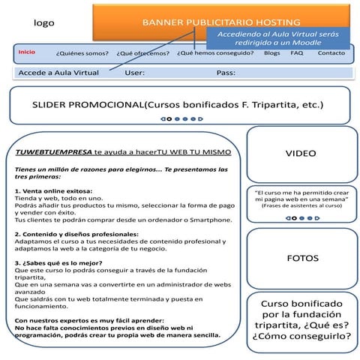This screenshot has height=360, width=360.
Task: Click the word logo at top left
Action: [44, 23]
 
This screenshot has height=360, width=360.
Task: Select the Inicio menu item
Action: [26, 52]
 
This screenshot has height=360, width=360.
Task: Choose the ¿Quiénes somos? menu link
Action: [82, 54]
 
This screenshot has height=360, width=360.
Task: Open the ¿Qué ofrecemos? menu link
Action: [142, 54]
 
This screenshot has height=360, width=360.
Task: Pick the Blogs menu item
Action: [272, 53]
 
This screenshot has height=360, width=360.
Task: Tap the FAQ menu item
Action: [297, 53]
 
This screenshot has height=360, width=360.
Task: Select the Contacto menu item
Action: [331, 53]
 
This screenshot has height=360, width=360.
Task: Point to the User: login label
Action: [135, 73]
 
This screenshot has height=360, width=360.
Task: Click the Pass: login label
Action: [226, 73]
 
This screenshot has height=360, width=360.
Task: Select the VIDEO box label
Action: [301, 154]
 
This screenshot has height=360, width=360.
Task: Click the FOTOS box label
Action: [302, 259]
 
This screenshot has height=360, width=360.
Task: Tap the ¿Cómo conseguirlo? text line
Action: [301, 337]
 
